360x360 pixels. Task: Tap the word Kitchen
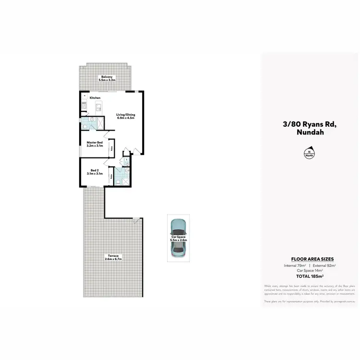point(95,97)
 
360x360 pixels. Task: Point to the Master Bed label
point(95,143)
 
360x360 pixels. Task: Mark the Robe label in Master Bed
point(112,148)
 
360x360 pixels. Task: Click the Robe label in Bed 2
point(111,177)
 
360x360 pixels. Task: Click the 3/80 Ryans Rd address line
point(310,124)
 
